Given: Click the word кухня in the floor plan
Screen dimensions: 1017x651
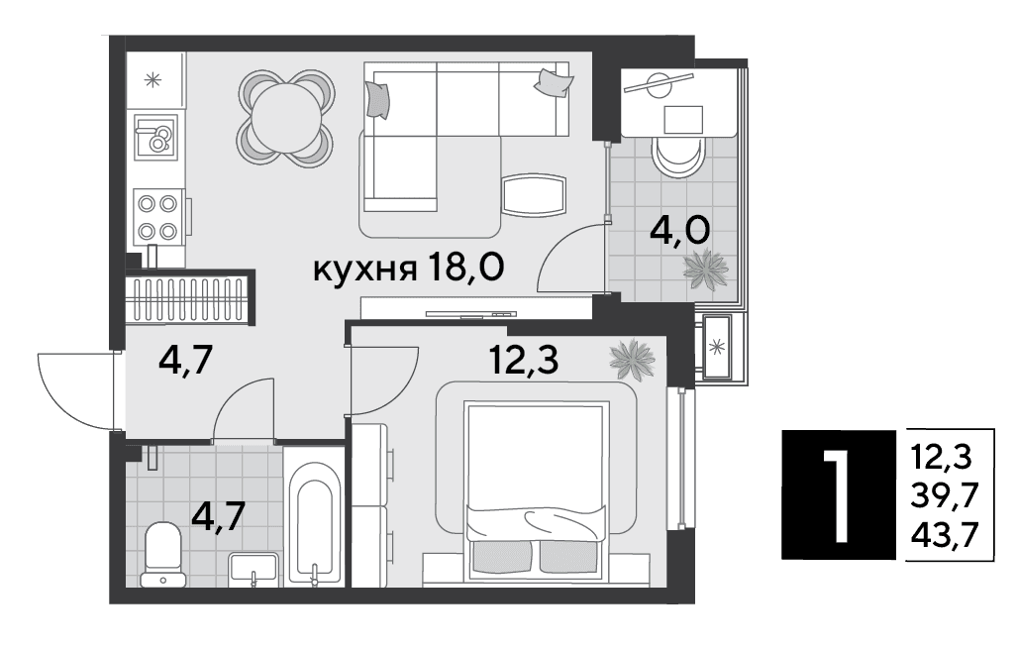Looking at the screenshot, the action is coord(364,269).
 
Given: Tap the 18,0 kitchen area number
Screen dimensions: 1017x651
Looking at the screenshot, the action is coord(465,267).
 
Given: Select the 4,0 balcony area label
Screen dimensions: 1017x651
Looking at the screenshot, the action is coord(679,230).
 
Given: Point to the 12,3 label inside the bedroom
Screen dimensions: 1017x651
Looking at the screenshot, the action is coord(524,360).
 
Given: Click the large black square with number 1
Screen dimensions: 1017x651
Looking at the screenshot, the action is coord(839,494).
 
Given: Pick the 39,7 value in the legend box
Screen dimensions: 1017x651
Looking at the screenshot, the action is coord(945,496).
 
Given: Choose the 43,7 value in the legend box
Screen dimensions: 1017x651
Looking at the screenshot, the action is coord(945,535).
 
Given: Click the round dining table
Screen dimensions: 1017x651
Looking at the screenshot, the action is coord(286,119).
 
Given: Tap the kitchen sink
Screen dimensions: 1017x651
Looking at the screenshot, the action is coord(155,137).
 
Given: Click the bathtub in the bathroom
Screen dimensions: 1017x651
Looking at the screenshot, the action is coord(315,521).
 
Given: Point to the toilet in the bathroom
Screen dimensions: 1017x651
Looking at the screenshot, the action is coord(162,554).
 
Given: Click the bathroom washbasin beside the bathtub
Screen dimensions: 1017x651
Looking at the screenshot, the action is coord(253,569).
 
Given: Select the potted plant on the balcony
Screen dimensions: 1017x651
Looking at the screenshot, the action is coord(706,270).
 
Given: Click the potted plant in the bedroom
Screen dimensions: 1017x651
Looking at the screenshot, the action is coord(632,359).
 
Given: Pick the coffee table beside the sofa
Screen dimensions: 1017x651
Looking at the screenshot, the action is coord(534,195).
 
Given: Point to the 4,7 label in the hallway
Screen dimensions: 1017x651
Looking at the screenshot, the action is coord(185,361).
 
